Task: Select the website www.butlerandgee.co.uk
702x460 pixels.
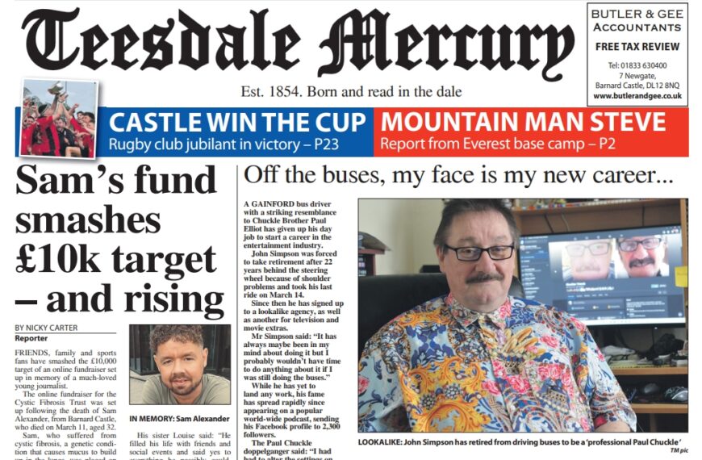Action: click(637, 96)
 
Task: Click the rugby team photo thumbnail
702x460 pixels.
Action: click(57, 116)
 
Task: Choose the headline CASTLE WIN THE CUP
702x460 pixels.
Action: click(234, 123)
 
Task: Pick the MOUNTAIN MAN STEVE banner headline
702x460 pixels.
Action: click(523, 123)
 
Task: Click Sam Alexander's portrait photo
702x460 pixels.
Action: click(179, 364)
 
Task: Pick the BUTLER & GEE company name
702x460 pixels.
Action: click(637, 15)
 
